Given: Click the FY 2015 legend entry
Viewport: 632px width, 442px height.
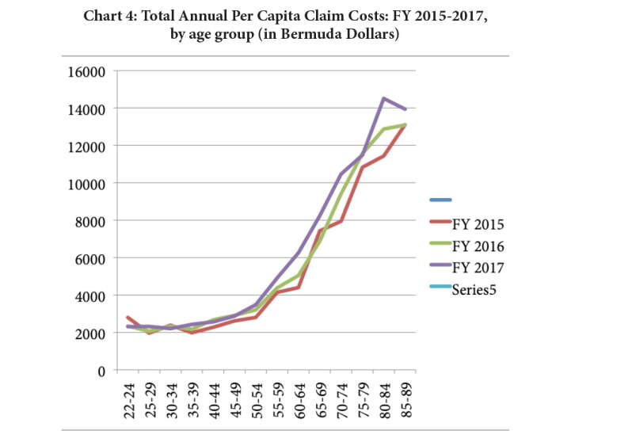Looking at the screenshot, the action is pos(466,223).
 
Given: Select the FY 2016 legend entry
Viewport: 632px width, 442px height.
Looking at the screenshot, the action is pos(466,246).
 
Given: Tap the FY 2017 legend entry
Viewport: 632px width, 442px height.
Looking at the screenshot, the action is pos(466,267).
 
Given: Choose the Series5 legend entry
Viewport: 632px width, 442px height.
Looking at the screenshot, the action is pos(463,289).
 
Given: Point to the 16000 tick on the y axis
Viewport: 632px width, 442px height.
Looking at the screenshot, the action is pos(86,72).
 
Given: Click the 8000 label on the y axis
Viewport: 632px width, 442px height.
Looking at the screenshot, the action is pos(89,222).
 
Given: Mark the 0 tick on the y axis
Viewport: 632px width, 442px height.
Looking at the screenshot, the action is pos(101,371).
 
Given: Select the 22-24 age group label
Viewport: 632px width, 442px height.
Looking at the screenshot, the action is pos(129,401).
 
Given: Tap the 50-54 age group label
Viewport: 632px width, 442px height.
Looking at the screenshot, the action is pos(257,401).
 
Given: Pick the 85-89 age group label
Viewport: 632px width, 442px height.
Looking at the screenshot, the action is pos(406,401).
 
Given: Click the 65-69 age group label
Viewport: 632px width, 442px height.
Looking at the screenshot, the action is pos(321,401).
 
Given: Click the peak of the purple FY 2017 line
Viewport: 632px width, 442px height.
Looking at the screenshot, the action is pos(383,98).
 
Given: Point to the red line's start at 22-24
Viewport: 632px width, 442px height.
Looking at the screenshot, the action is pos(128,318).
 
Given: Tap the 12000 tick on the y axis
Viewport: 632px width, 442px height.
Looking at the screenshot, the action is pos(86,147).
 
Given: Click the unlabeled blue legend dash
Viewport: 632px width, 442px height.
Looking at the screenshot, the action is pos(440,200).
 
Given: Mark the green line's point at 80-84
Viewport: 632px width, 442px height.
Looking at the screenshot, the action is pos(383,129).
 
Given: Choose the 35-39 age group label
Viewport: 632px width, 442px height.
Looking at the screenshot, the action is pos(192,401).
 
